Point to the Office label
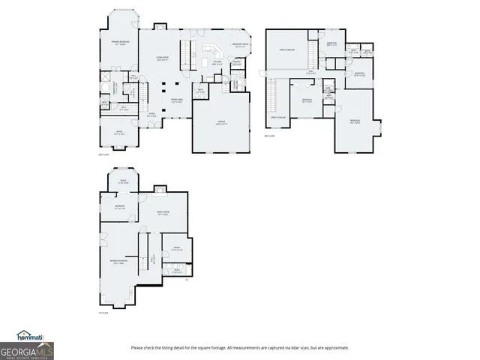click(x=118, y=132)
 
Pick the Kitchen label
click(x=217, y=64)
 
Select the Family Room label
click(x=162, y=214)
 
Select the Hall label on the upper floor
click(x=310, y=73)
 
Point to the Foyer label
click(x=151, y=115)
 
